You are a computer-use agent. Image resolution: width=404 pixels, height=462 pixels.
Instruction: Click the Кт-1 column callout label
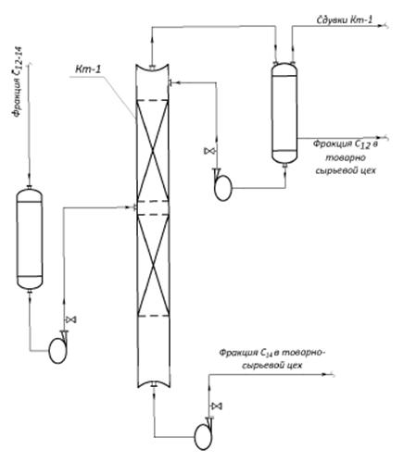click(88, 69)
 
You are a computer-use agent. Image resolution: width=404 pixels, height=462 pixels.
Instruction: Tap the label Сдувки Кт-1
click(345, 20)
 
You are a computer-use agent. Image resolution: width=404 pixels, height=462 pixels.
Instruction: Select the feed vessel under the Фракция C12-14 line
click(30, 239)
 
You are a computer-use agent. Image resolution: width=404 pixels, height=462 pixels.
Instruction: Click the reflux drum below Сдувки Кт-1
click(284, 112)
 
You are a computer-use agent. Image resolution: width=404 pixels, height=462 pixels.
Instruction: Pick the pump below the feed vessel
click(58, 348)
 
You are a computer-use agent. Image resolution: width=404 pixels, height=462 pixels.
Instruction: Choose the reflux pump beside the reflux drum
click(222, 186)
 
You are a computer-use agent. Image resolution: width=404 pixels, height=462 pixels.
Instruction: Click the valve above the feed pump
click(70, 319)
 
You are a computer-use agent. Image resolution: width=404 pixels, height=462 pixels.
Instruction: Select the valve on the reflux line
click(209, 151)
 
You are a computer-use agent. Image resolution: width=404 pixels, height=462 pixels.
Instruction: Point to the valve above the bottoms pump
click(217, 406)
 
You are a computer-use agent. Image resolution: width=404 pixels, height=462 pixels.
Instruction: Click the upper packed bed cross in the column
click(153, 150)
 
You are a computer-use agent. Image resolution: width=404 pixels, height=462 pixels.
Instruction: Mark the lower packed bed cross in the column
click(153, 265)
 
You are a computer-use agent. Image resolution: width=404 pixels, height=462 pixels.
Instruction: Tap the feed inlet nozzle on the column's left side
click(135, 207)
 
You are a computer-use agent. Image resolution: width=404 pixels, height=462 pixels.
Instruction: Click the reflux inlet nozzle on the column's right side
click(170, 82)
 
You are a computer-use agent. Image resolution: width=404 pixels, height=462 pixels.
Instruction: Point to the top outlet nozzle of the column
click(152, 67)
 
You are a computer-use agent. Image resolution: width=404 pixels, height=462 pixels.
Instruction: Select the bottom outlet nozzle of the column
click(154, 384)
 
